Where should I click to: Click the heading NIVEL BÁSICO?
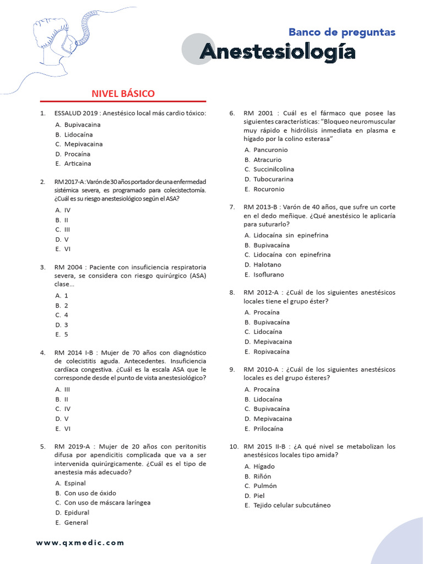[123, 94]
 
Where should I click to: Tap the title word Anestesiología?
[277, 52]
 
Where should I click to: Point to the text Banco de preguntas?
[342, 32]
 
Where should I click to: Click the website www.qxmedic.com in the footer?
[80, 543]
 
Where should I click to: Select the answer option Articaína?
[78, 164]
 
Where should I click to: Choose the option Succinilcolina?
[274, 169]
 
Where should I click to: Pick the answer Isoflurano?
[269, 274]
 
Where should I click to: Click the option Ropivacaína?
[272, 351]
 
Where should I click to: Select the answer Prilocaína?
[268, 429]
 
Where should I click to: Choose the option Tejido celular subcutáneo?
[292, 505]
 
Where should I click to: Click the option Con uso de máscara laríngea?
[107, 502]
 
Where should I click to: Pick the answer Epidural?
[77, 512]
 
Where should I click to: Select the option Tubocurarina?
[273, 179]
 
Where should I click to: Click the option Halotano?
[267, 264]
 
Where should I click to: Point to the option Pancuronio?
[270, 150]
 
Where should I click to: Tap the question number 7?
[232, 207]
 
